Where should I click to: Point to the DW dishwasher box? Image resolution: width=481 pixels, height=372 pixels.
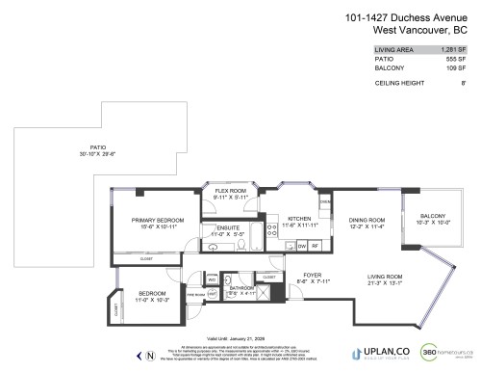tap(301, 247)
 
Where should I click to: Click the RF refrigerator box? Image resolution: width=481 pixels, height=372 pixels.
tap(316, 247)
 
